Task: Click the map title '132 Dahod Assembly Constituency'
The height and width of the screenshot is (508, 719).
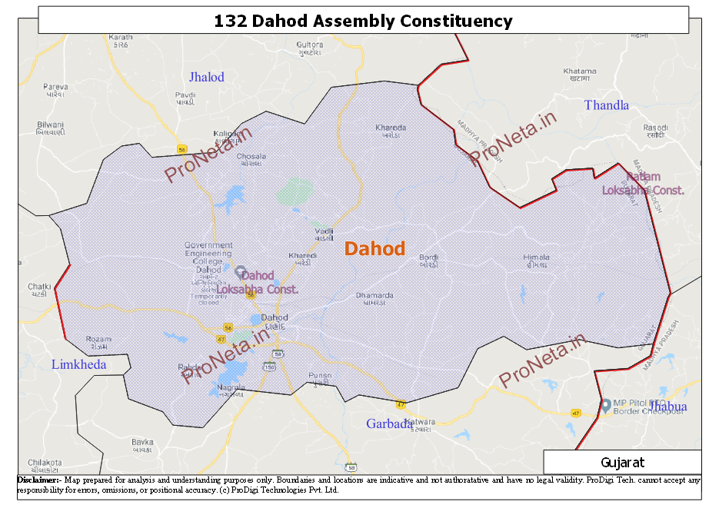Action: (363, 21)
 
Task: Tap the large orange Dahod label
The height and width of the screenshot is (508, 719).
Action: (374, 248)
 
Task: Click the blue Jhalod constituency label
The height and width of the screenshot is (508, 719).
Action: (206, 77)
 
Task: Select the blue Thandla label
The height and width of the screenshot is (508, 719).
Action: (606, 105)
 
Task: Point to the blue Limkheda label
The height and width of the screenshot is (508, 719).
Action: (78, 364)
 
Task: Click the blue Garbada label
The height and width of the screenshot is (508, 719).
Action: (389, 423)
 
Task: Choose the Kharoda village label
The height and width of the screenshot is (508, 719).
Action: (391, 131)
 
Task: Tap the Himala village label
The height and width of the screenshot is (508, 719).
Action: (536, 261)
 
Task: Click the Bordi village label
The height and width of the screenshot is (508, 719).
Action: (428, 261)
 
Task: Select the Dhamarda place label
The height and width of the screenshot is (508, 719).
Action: (374, 298)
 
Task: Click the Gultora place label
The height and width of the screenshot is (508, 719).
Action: (310, 48)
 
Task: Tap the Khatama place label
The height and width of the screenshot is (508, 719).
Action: (580, 74)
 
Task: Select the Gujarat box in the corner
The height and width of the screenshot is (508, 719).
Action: (622, 463)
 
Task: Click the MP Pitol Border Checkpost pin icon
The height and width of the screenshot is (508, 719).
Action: (605, 404)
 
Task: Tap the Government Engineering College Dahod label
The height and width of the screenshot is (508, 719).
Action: (208, 257)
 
